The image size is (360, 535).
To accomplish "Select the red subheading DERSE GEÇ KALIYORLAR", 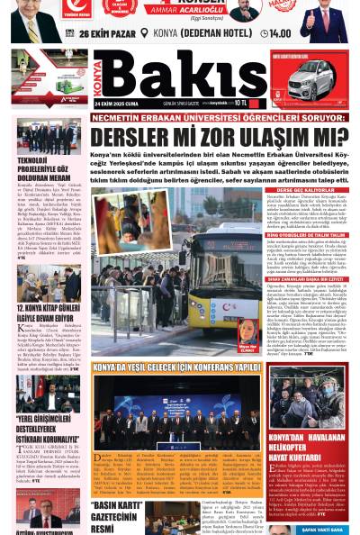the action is (x=305, y=191).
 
